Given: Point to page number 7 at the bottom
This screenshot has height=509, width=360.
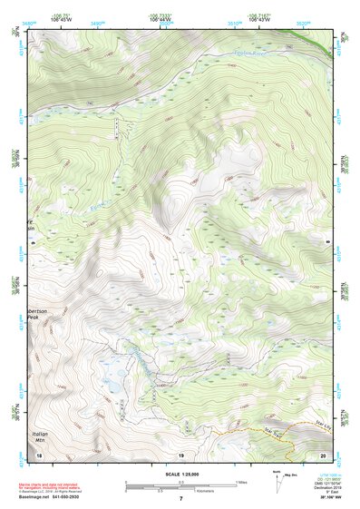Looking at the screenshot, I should click(180, 500).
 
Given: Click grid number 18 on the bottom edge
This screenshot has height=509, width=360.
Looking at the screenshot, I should click(39, 455).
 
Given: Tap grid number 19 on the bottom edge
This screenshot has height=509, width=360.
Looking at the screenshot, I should click(180, 455).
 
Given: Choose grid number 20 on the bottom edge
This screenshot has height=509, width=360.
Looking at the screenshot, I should click(322, 455).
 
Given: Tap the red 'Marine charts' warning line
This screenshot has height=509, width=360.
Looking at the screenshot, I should click(59, 486).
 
